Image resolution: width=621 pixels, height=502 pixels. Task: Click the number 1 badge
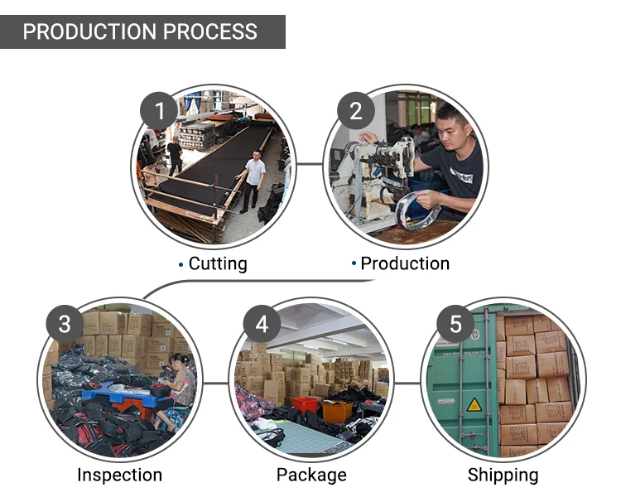pos(159,109)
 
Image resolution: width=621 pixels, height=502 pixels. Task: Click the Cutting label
pos(218,264)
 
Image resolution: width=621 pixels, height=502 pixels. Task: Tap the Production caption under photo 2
pos(405,264)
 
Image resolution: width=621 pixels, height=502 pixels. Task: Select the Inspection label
pos(119,475)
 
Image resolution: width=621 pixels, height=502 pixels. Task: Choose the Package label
pos(311,475)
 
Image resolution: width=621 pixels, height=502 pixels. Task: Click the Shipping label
pos(503,475)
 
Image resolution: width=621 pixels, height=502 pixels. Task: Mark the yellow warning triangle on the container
pos(474,404)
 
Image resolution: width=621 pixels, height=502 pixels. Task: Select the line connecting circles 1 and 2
pos(309,163)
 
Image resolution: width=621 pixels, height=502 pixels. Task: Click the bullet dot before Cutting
pos(181,265)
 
